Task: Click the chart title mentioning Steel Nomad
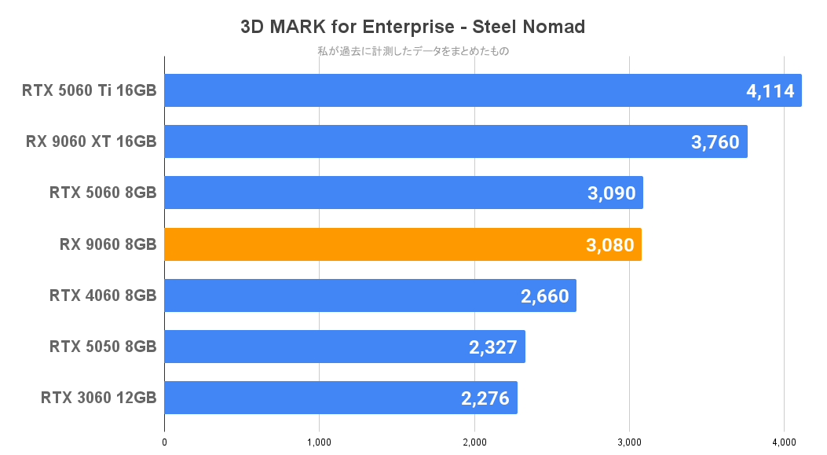tap(413, 27)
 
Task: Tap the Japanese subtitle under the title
tap(413, 52)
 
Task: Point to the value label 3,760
tap(715, 142)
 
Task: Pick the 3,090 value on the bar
tap(611, 193)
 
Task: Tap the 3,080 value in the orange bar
tap(609, 244)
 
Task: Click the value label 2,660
tap(544, 296)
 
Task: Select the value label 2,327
tap(493, 347)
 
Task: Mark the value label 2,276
tap(485, 398)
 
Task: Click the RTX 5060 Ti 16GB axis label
tap(90, 91)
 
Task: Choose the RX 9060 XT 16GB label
tap(91, 142)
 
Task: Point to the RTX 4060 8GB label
tap(103, 296)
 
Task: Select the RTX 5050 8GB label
tap(103, 347)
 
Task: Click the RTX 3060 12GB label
tap(98, 398)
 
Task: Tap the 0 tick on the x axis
tap(164, 442)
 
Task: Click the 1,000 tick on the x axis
tap(319, 442)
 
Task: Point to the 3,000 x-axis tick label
tap(628, 442)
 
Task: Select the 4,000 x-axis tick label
tap(783, 442)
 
